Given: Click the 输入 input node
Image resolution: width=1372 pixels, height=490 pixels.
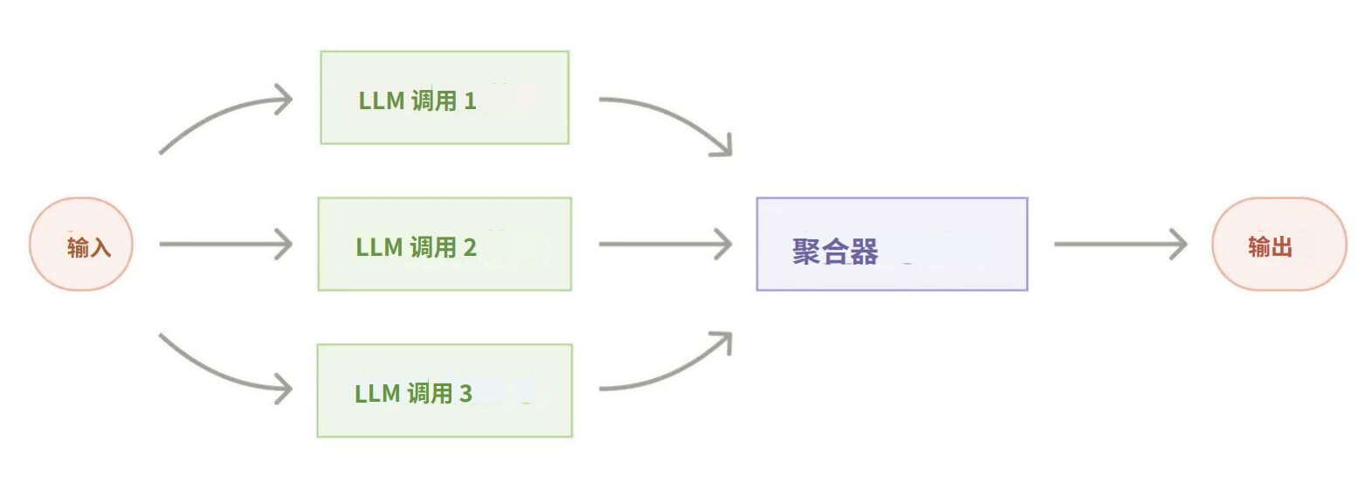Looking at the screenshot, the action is (x=81, y=244).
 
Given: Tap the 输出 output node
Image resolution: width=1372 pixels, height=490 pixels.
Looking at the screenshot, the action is (x=1279, y=244).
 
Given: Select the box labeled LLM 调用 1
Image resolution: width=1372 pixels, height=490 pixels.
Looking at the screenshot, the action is (x=445, y=98).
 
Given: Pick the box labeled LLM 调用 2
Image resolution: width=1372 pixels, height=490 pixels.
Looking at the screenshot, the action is (x=445, y=244).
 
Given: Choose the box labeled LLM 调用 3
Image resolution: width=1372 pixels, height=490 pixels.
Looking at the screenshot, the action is (x=445, y=390).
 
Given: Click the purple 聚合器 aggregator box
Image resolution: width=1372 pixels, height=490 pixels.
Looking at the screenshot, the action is (x=892, y=244).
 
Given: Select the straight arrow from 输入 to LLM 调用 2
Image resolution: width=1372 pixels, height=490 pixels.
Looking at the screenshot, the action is (x=225, y=244).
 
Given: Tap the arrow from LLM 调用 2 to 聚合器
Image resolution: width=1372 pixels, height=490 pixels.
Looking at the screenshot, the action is (x=665, y=244).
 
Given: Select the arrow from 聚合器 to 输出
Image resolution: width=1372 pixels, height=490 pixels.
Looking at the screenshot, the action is (x=1120, y=244).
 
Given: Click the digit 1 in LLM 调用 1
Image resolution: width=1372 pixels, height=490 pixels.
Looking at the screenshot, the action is (x=470, y=101).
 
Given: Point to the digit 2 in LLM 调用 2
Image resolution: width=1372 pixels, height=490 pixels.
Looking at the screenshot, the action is (x=470, y=247).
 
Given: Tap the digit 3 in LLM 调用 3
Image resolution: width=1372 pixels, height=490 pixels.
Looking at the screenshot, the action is (x=465, y=394).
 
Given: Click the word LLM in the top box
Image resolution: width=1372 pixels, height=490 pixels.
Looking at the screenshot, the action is (x=381, y=101).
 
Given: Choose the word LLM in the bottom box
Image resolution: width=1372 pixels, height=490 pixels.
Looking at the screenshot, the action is (x=377, y=394).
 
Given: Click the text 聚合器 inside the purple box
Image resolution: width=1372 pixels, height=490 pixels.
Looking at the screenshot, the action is (x=835, y=252).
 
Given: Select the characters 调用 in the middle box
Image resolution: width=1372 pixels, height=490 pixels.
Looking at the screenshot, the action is (x=433, y=247).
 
